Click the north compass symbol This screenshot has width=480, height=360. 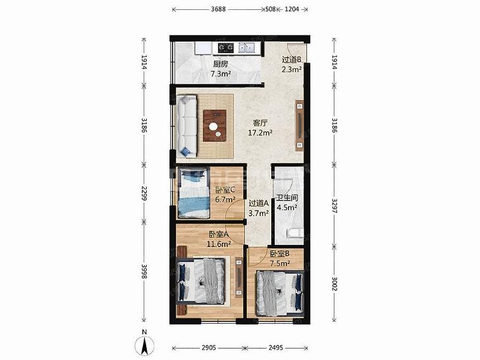(144, 345)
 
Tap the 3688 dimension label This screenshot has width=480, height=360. (218, 9)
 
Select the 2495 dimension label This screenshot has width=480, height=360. (276, 347)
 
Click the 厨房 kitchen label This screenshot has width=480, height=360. (221, 64)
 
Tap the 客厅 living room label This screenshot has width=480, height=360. (261, 123)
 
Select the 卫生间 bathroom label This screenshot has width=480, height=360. (287, 198)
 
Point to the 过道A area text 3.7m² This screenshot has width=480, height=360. (259, 213)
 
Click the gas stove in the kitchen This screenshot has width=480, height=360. (226, 47)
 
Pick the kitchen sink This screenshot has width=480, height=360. (247, 47)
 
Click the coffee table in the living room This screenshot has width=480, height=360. (215, 126)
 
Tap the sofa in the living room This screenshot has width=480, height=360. (187, 126)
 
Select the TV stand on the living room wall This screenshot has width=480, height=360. (300, 126)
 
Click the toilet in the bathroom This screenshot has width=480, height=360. (295, 233)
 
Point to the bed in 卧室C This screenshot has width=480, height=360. (194, 193)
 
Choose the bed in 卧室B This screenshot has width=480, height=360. (280, 293)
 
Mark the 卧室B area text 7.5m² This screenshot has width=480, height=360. (280, 263)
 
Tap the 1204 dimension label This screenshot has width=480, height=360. (292, 9)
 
